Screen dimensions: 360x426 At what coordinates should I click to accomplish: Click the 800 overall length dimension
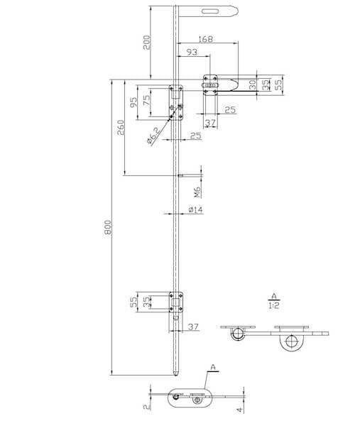tap(108, 227)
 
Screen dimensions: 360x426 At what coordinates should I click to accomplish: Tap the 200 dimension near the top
tap(147, 43)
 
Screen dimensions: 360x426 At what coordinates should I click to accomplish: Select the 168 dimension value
tap(206, 39)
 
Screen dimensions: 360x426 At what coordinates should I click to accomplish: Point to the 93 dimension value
tap(192, 52)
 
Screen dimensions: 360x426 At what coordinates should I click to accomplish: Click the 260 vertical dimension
tap(121, 127)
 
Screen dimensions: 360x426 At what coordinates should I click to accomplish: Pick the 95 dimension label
tap(133, 102)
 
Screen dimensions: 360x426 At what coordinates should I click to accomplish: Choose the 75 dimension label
tap(146, 101)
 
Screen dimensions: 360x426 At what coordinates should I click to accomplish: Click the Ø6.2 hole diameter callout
tap(154, 136)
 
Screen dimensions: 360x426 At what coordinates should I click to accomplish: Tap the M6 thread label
tap(197, 192)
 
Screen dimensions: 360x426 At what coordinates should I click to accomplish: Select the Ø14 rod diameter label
tap(196, 209)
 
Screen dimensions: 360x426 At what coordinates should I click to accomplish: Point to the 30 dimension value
tap(253, 84)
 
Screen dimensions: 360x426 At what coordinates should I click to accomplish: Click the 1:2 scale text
tap(274, 305)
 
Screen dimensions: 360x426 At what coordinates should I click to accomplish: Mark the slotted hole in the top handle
tap(210, 11)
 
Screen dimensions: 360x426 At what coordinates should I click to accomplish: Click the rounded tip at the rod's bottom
tap(176, 374)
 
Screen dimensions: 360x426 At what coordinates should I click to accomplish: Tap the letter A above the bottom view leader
tap(213, 367)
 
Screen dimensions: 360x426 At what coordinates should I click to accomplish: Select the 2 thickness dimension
tap(147, 406)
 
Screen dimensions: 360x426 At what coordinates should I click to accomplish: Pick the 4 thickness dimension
tap(239, 409)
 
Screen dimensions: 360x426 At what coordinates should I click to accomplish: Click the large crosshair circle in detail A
tap(291, 342)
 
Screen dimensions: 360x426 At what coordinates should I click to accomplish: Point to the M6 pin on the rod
tap(180, 175)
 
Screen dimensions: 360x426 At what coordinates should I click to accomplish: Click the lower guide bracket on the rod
tap(176, 302)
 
